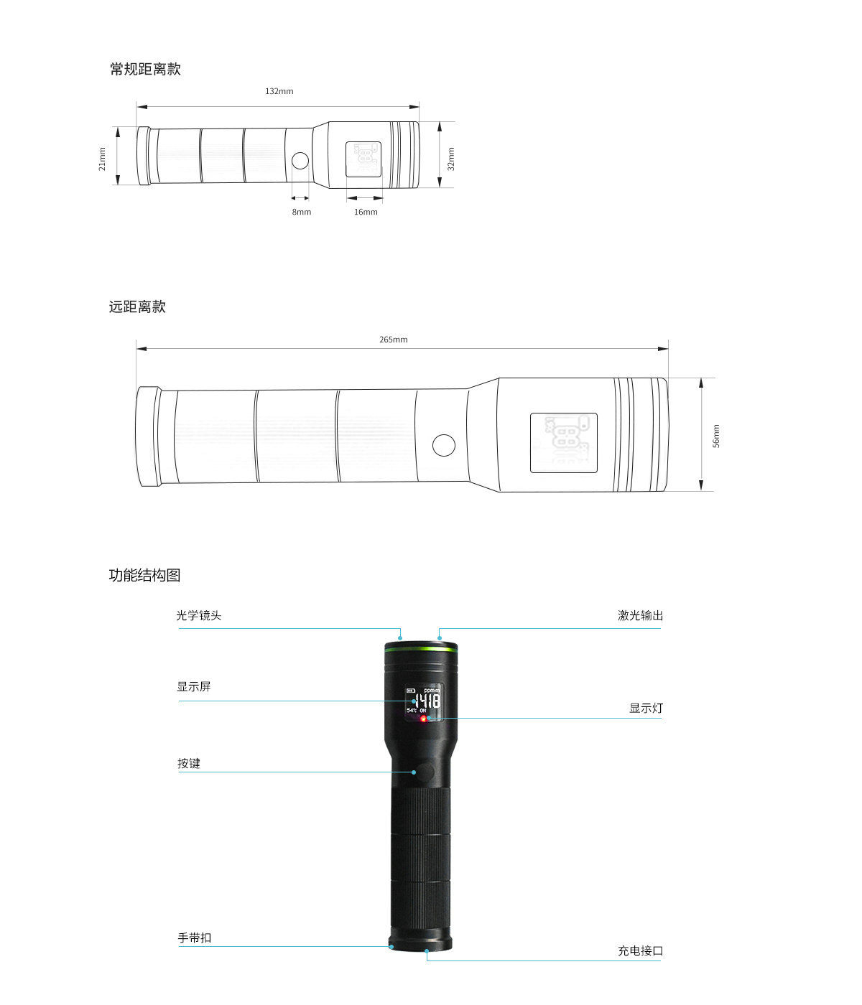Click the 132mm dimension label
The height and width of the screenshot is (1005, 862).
279,91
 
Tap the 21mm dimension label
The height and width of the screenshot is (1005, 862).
102,159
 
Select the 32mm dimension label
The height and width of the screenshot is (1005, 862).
451,159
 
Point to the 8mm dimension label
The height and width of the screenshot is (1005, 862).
301,212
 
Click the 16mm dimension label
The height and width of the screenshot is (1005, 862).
366,212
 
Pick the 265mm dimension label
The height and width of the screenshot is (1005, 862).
393,340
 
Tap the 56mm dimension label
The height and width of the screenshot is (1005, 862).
715,436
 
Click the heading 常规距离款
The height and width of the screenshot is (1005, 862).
145,69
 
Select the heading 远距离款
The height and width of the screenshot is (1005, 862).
137,307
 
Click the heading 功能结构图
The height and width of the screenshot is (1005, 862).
144,575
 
